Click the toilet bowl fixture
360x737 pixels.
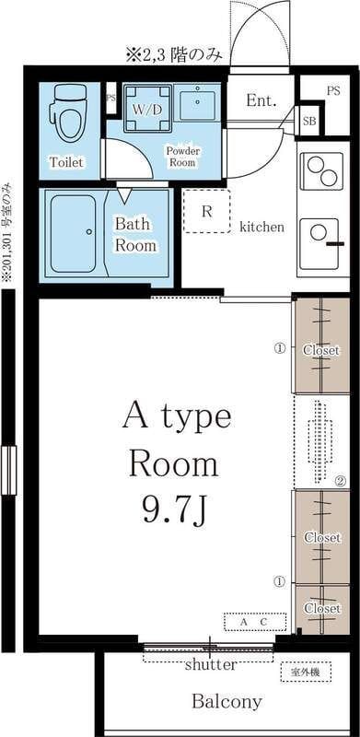click(x=70, y=111)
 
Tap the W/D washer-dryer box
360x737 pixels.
click(x=147, y=109)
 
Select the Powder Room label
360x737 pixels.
click(x=182, y=157)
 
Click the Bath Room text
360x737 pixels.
click(x=136, y=234)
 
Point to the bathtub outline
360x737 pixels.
click(x=74, y=234)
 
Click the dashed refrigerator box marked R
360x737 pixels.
click(x=207, y=211)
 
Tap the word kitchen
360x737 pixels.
click(x=261, y=227)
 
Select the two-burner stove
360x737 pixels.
click(x=321, y=170)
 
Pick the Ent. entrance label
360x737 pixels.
click(x=261, y=100)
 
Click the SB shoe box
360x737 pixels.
click(x=309, y=121)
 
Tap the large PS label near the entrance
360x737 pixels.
click(x=333, y=91)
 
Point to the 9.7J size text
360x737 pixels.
click(x=174, y=510)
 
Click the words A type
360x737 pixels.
click(x=177, y=416)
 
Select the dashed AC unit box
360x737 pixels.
click(x=255, y=621)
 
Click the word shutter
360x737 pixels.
click(x=211, y=665)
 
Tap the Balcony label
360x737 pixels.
click(x=226, y=702)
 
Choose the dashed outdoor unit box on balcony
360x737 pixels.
click(x=306, y=673)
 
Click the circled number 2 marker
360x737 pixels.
click(x=341, y=481)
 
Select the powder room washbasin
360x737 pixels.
click(x=197, y=103)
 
